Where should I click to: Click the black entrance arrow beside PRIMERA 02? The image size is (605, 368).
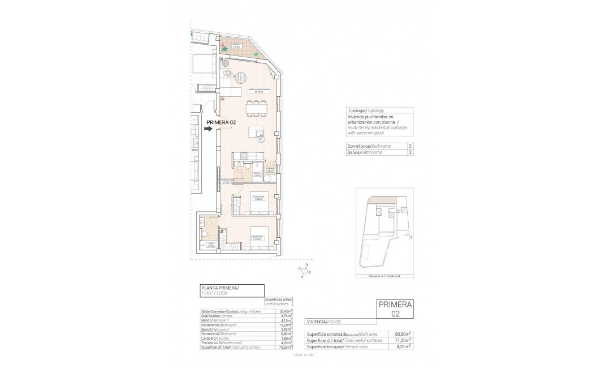click(208, 129)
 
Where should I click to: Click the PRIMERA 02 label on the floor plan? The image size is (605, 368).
click(221, 122)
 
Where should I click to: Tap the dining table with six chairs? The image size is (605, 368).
click(257, 107)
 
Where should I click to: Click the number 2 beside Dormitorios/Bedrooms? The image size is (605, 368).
click(409, 146)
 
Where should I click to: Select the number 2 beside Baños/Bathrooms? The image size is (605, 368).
click(409, 152)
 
